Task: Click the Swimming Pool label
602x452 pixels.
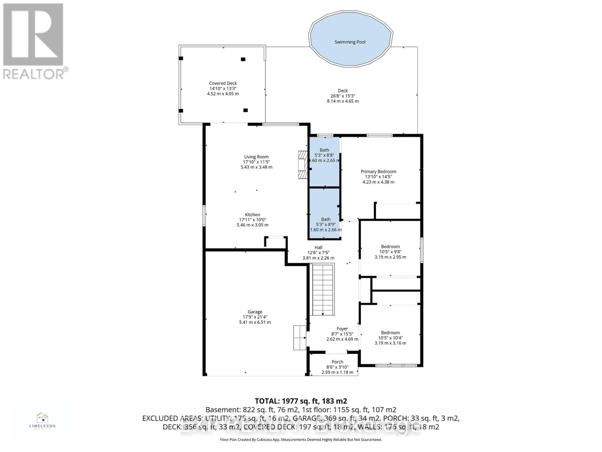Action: [x=350, y=42]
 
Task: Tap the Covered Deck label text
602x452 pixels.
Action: [x=223, y=84]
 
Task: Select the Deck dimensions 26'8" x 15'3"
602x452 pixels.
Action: [x=342, y=96]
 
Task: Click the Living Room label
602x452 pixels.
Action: [x=256, y=157]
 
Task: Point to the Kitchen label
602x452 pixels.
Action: [x=252, y=215]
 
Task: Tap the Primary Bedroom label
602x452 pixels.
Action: [x=378, y=172]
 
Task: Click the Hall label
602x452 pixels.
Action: [x=318, y=247]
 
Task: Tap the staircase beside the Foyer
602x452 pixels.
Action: [x=322, y=289]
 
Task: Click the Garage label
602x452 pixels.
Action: [x=255, y=312]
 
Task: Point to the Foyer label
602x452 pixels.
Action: [x=342, y=329]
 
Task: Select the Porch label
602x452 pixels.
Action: [x=337, y=362]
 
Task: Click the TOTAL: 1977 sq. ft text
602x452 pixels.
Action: [x=301, y=401]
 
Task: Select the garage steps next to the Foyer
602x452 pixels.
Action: [x=299, y=338]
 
